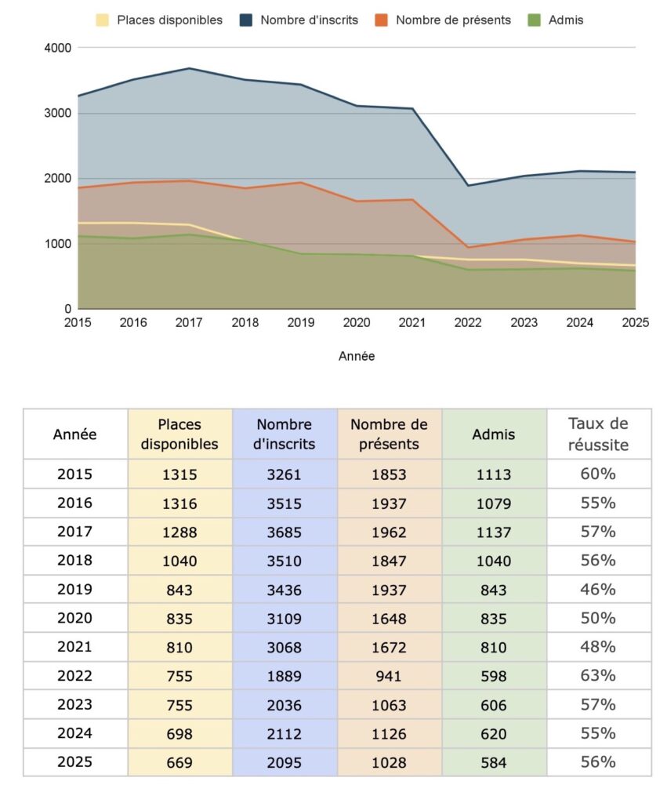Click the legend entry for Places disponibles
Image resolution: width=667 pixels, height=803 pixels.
point(160,20)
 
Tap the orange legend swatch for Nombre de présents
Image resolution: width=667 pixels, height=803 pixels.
point(381,20)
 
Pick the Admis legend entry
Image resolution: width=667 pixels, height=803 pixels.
point(556,20)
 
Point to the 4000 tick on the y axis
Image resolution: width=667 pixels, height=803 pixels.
point(59,48)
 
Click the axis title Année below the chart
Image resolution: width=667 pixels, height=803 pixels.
point(357,356)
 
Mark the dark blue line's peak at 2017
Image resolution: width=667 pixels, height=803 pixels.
point(190,68)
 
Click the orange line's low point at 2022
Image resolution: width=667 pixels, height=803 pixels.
point(469,247)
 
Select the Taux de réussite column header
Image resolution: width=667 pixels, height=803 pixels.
point(598,434)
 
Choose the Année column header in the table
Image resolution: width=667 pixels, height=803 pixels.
point(75,434)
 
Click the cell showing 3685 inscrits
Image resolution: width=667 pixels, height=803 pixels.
point(285,532)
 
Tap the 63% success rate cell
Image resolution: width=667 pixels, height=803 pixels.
point(598,676)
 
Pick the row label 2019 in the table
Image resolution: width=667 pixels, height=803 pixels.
point(75,590)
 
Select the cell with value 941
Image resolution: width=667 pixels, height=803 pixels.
point(389,676)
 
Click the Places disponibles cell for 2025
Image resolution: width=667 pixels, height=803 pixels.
point(179,762)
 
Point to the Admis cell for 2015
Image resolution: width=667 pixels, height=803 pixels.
point(493,474)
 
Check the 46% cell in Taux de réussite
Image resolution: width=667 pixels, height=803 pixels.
point(598,590)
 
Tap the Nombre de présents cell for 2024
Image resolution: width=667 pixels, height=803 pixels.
point(389,734)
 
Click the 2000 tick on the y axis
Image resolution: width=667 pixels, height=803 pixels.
point(59,179)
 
